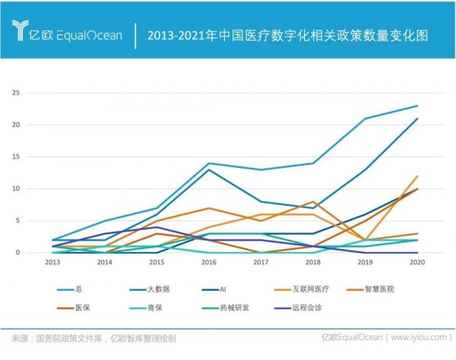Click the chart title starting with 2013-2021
tap(288, 35)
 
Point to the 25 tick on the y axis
tap(35, 93)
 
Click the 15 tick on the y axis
tap(35, 156)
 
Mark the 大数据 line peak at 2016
tap(209, 169)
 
